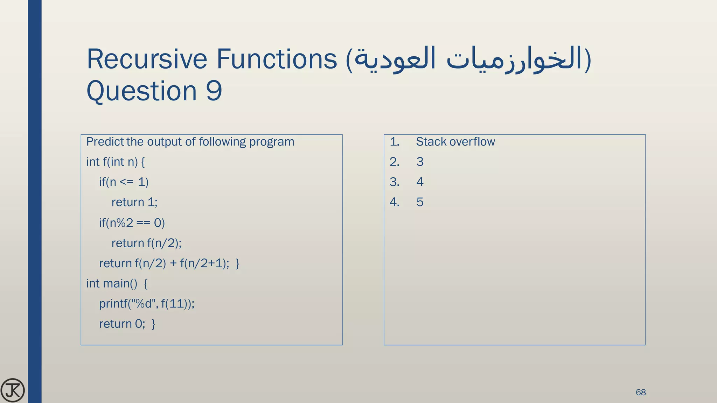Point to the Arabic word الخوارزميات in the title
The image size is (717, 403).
point(515,59)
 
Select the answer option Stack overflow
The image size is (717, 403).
point(455,142)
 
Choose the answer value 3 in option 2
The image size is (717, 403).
point(420,162)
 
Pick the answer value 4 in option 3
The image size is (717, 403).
point(420,182)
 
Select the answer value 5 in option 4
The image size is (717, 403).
point(420,202)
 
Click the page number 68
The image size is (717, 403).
point(640,392)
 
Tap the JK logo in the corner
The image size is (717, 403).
point(13,390)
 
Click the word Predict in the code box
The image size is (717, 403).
point(105,142)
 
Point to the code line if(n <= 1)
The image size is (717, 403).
point(124,182)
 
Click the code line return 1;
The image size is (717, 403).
point(134,202)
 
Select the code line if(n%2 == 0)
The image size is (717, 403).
point(132,222)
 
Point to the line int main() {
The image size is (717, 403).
point(117,283)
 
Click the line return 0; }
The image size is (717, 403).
point(127,324)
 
